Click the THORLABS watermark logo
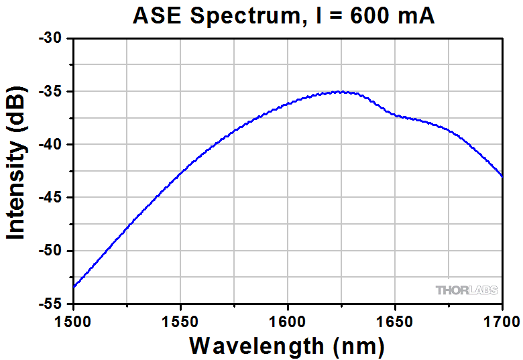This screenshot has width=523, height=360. click(x=467, y=290)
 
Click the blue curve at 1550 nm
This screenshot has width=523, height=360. click(x=180, y=175)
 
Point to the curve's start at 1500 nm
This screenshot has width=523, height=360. click(x=74, y=287)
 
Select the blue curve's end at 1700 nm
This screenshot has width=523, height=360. click(x=502, y=176)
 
